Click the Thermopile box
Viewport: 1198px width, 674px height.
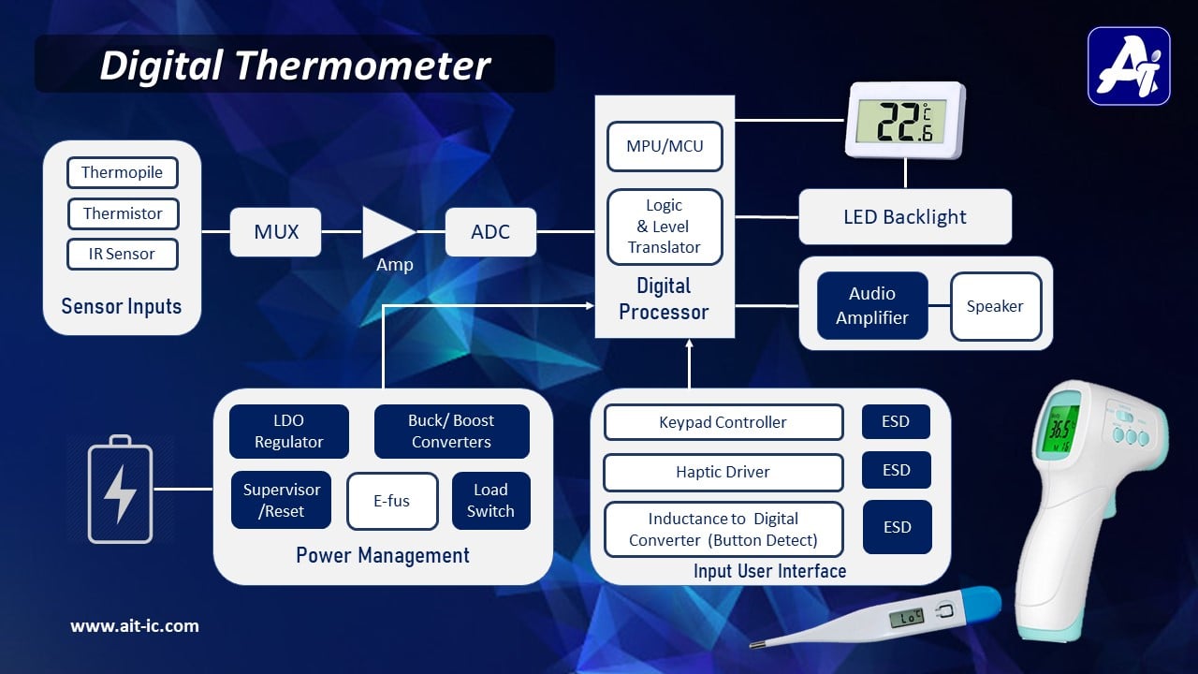tap(122, 172)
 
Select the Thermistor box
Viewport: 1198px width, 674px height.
tap(122, 213)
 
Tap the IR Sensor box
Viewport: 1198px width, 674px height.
tap(122, 254)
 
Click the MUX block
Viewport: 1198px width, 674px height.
tap(275, 232)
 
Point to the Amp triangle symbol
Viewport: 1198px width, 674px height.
tap(386, 232)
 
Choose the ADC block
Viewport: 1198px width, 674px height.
tap(490, 232)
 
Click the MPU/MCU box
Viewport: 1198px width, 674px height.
tap(665, 146)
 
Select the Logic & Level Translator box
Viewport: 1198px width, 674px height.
tap(665, 227)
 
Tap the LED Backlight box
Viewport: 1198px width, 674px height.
tap(904, 217)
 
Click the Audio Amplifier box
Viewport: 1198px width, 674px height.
tap(872, 306)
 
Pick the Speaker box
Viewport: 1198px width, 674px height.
tap(995, 306)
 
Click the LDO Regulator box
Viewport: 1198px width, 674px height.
tap(288, 432)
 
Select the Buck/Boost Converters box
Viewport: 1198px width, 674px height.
tap(451, 432)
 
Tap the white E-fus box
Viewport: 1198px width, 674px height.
tap(391, 501)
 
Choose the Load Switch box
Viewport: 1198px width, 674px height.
tap(490, 501)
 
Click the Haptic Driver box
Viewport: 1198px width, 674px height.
tap(723, 472)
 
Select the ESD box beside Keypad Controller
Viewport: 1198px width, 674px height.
tap(896, 422)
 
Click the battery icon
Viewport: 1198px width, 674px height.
tap(120, 489)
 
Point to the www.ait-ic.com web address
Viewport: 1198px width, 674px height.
tap(135, 626)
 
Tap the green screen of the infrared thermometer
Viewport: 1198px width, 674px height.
tap(1059, 430)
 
